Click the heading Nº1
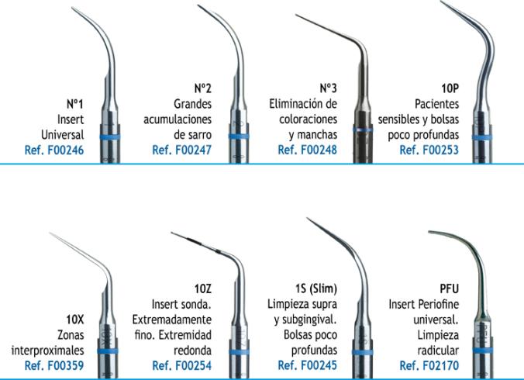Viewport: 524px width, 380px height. click(x=75, y=104)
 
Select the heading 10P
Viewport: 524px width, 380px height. click(x=450, y=88)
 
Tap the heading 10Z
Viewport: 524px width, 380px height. click(x=203, y=288)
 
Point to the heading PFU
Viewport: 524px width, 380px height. click(x=449, y=288)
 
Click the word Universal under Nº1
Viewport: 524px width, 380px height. click(x=63, y=135)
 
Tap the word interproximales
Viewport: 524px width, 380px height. click(x=47, y=351)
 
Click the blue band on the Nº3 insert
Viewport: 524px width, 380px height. click(x=363, y=130)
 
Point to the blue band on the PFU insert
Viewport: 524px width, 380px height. click(x=483, y=351)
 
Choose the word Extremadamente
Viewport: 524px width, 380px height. click(x=172, y=320)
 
